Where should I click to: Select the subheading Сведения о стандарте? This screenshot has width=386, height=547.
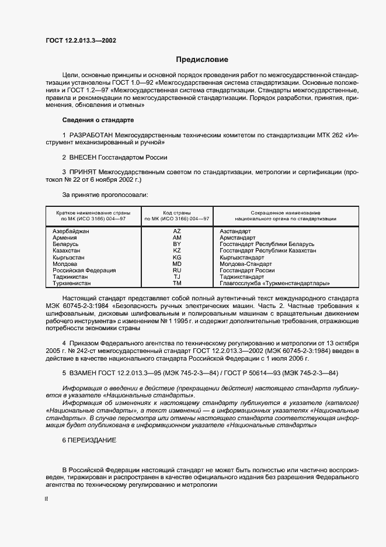[98, 120]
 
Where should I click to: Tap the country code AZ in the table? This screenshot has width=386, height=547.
[177, 231]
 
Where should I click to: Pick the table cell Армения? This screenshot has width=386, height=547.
[64, 238]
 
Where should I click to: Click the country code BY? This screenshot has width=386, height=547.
[177, 244]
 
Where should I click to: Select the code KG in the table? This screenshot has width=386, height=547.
[177, 257]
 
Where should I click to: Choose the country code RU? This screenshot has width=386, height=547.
[177, 270]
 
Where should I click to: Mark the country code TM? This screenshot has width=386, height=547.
[177, 283]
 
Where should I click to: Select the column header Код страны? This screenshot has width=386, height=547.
[177, 212]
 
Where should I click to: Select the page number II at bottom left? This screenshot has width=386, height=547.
[47, 500]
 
